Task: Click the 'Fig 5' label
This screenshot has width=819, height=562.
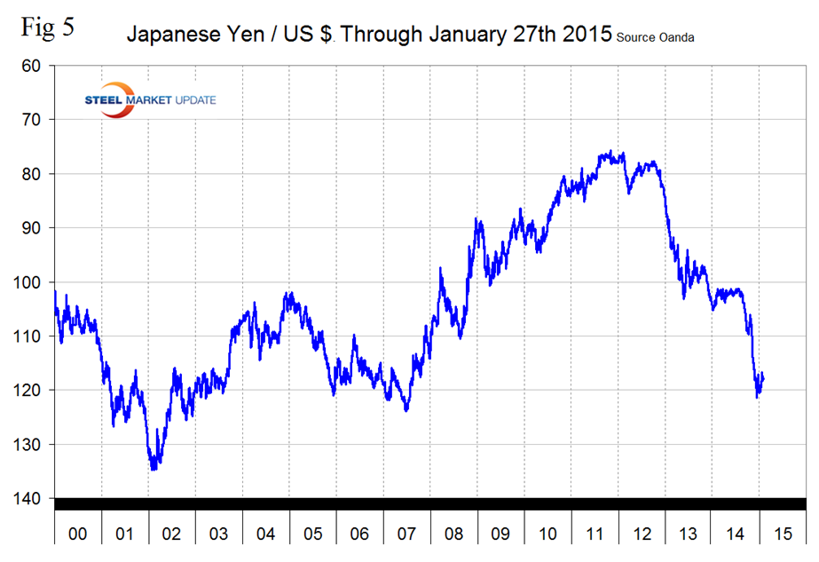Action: point(47,27)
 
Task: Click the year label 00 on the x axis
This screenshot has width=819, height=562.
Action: point(78,534)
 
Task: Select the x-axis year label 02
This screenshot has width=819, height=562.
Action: point(172,534)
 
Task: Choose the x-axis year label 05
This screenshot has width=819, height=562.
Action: point(312,534)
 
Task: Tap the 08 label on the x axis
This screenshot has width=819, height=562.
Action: point(453,534)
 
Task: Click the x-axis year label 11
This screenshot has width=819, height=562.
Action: point(594,534)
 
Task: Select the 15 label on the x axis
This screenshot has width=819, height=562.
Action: point(781,534)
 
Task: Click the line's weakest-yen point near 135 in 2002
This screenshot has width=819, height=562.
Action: point(154,469)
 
